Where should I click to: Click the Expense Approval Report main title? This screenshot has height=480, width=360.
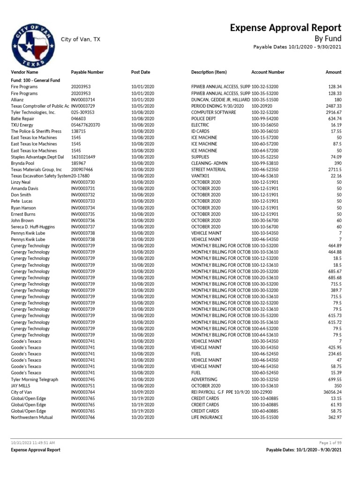[x=285, y=28]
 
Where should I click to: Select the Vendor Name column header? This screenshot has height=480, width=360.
[x=24, y=72]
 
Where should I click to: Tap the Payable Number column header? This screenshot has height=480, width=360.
[x=87, y=72]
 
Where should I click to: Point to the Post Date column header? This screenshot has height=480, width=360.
[x=141, y=72]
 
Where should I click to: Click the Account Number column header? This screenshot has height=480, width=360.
[x=268, y=72]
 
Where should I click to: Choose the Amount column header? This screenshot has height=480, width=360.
[x=333, y=72]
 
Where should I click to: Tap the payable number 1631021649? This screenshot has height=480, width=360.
[x=83, y=157]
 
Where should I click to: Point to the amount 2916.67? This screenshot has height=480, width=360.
[x=333, y=112]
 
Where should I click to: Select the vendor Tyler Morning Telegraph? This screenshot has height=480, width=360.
[x=34, y=379]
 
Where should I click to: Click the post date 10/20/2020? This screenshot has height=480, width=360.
[x=142, y=417]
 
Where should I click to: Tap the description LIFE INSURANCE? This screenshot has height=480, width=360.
[x=207, y=417]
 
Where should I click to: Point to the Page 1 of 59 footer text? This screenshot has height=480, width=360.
[x=330, y=442]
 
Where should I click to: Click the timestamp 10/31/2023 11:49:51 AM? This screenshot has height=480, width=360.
[x=33, y=442]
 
